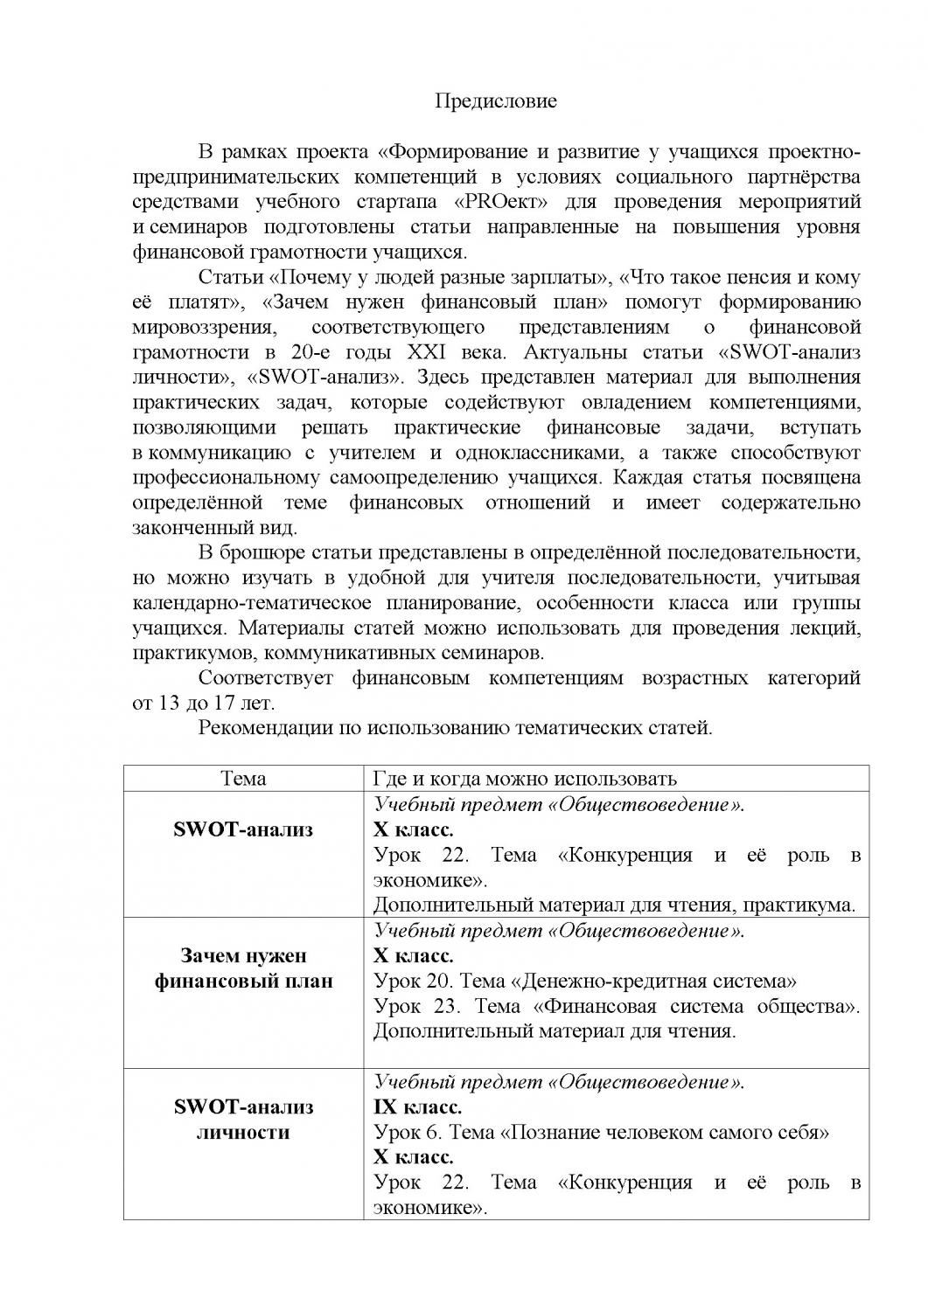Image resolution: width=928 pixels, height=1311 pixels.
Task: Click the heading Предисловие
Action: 496,101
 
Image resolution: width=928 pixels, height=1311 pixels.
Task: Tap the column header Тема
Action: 243,779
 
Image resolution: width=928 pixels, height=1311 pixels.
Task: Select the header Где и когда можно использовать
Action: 525,779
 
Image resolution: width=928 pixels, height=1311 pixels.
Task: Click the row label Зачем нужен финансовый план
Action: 243,968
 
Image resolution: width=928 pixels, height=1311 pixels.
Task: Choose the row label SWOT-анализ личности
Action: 243,1120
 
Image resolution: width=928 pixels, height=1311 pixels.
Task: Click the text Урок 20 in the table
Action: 410,981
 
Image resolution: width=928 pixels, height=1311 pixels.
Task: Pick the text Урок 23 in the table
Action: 410,1006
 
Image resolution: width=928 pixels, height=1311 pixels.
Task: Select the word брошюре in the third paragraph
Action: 265,553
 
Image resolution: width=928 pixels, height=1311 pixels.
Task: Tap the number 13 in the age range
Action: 167,703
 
